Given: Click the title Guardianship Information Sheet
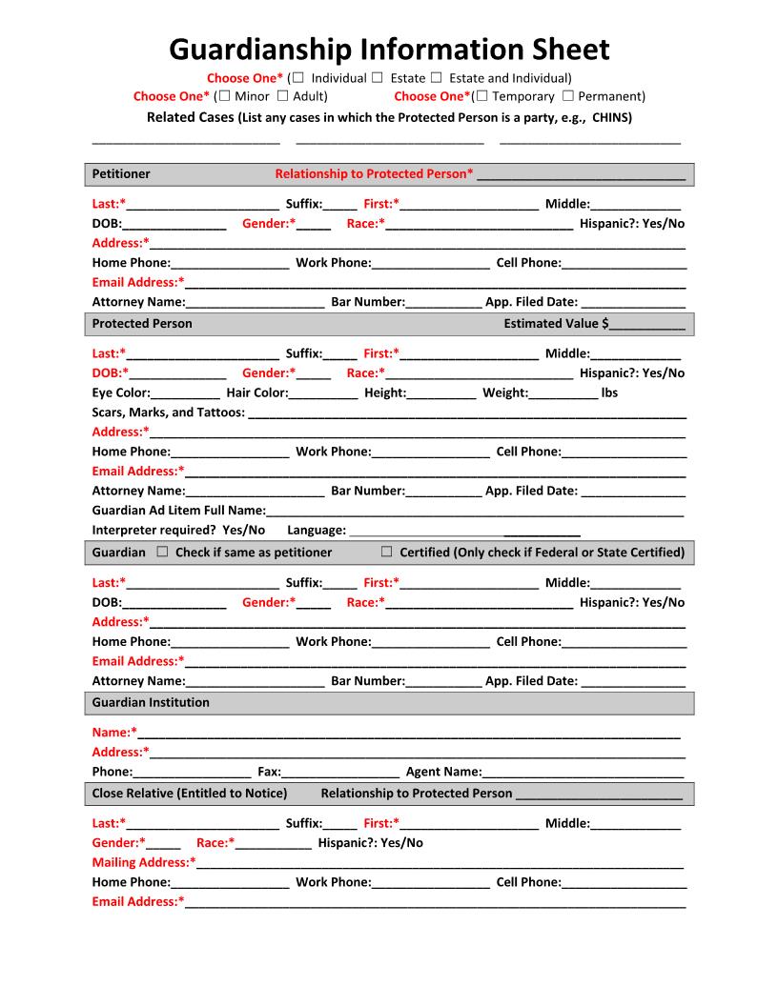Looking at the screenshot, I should [389, 49].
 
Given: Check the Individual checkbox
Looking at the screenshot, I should [299, 77].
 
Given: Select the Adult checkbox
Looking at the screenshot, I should [282, 96].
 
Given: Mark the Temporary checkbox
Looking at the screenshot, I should [481, 96].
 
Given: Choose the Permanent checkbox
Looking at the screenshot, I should [567, 96].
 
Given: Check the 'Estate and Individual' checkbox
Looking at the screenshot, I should [437, 77].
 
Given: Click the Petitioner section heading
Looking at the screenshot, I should [121, 174].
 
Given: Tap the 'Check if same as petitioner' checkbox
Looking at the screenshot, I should [162, 552].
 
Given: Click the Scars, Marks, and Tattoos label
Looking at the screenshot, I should [168, 412].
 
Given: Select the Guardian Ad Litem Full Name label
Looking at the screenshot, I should [178, 511].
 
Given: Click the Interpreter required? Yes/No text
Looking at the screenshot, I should [178, 530].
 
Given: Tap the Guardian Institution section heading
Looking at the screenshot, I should [151, 702].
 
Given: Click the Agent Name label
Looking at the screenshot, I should [443, 772].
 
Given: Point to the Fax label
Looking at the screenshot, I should [269, 772].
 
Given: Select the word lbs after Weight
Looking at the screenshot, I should [609, 392].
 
